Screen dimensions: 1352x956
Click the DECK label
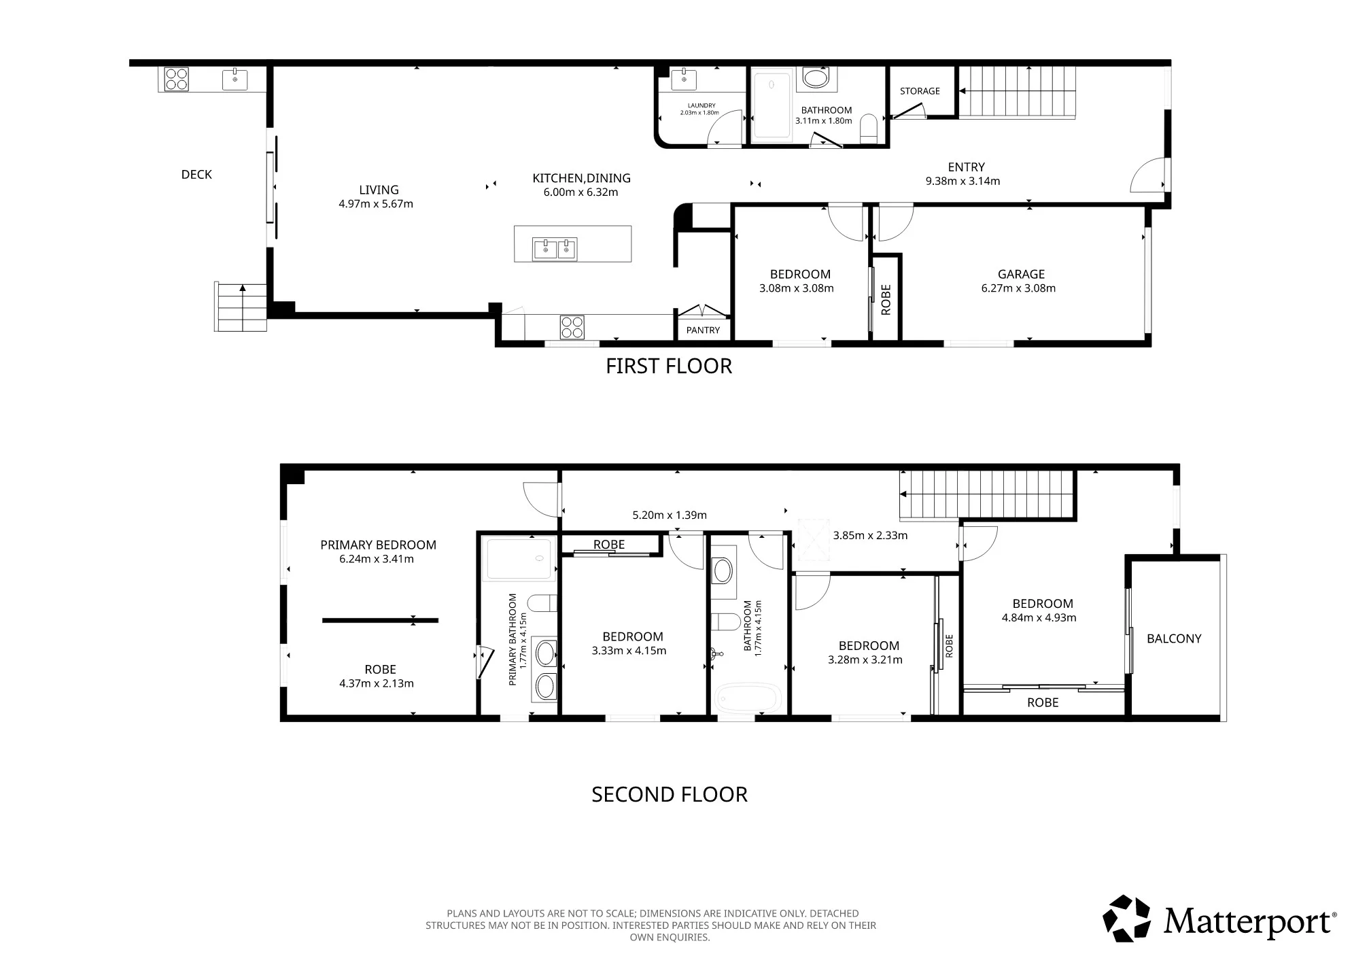(x=196, y=175)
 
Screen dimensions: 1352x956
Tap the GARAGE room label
(x=1021, y=274)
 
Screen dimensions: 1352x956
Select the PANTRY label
(x=703, y=330)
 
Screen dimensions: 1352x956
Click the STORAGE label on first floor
(x=920, y=91)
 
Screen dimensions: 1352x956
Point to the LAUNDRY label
(x=701, y=105)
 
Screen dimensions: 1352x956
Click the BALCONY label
(x=1174, y=638)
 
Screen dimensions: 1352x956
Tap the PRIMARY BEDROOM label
(x=378, y=545)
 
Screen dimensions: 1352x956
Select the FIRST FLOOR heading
(x=669, y=366)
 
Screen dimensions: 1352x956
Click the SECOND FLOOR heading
(x=670, y=794)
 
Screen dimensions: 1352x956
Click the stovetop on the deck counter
(x=177, y=79)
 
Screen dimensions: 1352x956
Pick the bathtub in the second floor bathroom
(x=747, y=698)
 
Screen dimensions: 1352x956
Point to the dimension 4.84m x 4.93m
(x=1039, y=618)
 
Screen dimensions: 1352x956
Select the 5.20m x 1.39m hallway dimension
(x=670, y=515)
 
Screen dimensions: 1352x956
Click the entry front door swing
(x=1147, y=175)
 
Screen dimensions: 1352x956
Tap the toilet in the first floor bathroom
(x=869, y=129)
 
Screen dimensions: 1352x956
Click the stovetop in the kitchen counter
(x=572, y=327)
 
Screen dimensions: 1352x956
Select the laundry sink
(x=683, y=80)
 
